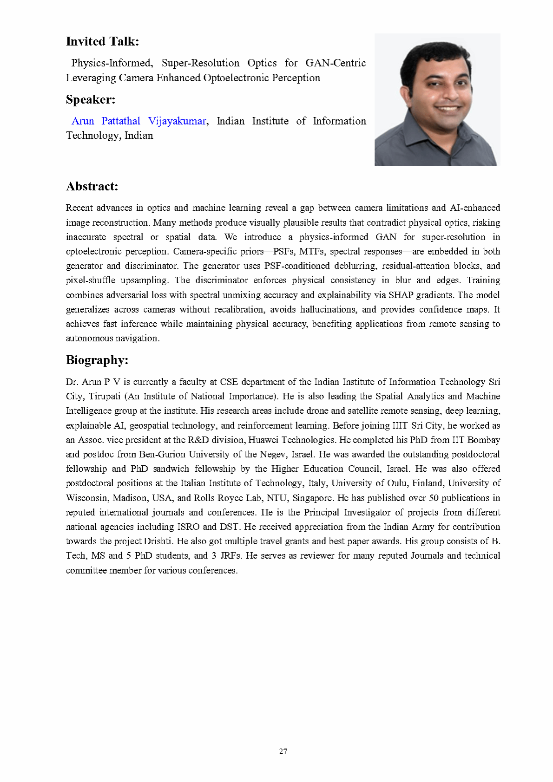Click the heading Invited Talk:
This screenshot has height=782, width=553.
[x=102, y=41]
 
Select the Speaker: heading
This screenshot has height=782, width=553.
[x=90, y=99]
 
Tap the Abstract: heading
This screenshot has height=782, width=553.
[x=92, y=186]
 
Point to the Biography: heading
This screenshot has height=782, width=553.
[x=97, y=360]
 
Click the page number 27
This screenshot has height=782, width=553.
[x=283, y=751]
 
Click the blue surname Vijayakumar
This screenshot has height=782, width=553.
[x=177, y=121]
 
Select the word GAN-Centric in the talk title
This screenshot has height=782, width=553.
[x=335, y=63]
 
